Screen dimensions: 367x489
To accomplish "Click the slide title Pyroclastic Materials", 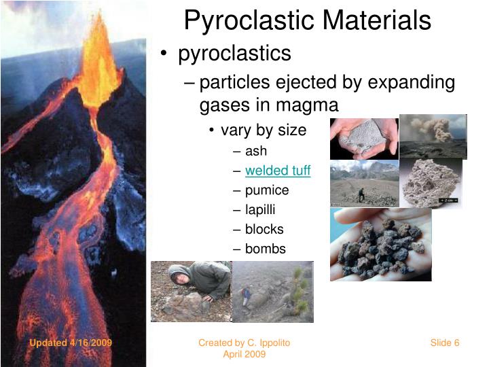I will click(307, 20).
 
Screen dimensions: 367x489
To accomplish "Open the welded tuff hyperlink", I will click(277, 171).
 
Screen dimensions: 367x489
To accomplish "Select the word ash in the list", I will click(256, 151).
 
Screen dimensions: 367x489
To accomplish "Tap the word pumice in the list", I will click(267, 190).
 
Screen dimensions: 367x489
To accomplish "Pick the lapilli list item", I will click(260, 210).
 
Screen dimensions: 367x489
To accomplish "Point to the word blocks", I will click(264, 230).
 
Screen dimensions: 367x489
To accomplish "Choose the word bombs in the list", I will click(266, 249).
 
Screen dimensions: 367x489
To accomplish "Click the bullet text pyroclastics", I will click(234, 54).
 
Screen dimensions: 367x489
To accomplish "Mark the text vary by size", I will click(264, 130).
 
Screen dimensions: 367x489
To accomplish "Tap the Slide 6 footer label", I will click(445, 343).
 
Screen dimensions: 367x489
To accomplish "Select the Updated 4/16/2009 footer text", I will click(70, 343).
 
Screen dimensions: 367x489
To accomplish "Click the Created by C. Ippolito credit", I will click(244, 343).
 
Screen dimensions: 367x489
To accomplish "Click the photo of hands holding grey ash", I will click(363, 139).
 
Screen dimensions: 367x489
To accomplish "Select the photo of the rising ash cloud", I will click(433, 136).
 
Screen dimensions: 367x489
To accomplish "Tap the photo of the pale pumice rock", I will click(430, 182).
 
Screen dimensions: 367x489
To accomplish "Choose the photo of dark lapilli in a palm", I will click(380, 244).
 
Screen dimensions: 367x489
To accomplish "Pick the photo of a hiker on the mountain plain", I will click(364, 183).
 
